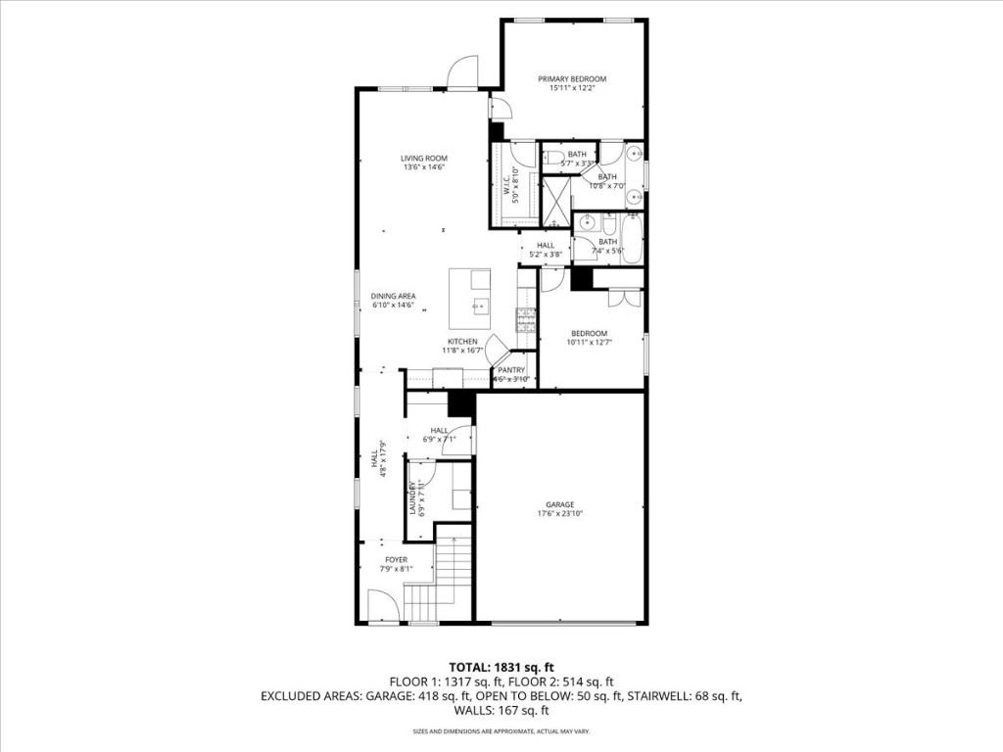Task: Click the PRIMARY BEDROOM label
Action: tap(572, 79)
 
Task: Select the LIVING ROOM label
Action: tap(423, 159)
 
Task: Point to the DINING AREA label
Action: tap(393, 296)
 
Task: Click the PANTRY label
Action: tap(512, 370)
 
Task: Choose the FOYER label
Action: tap(396, 560)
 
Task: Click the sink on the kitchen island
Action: tap(480, 305)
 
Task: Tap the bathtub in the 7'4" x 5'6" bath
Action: tap(632, 238)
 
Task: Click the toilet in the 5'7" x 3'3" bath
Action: tap(553, 157)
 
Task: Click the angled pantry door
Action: tap(498, 349)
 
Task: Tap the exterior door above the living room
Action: tap(461, 73)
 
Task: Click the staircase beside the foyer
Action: tap(449, 578)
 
